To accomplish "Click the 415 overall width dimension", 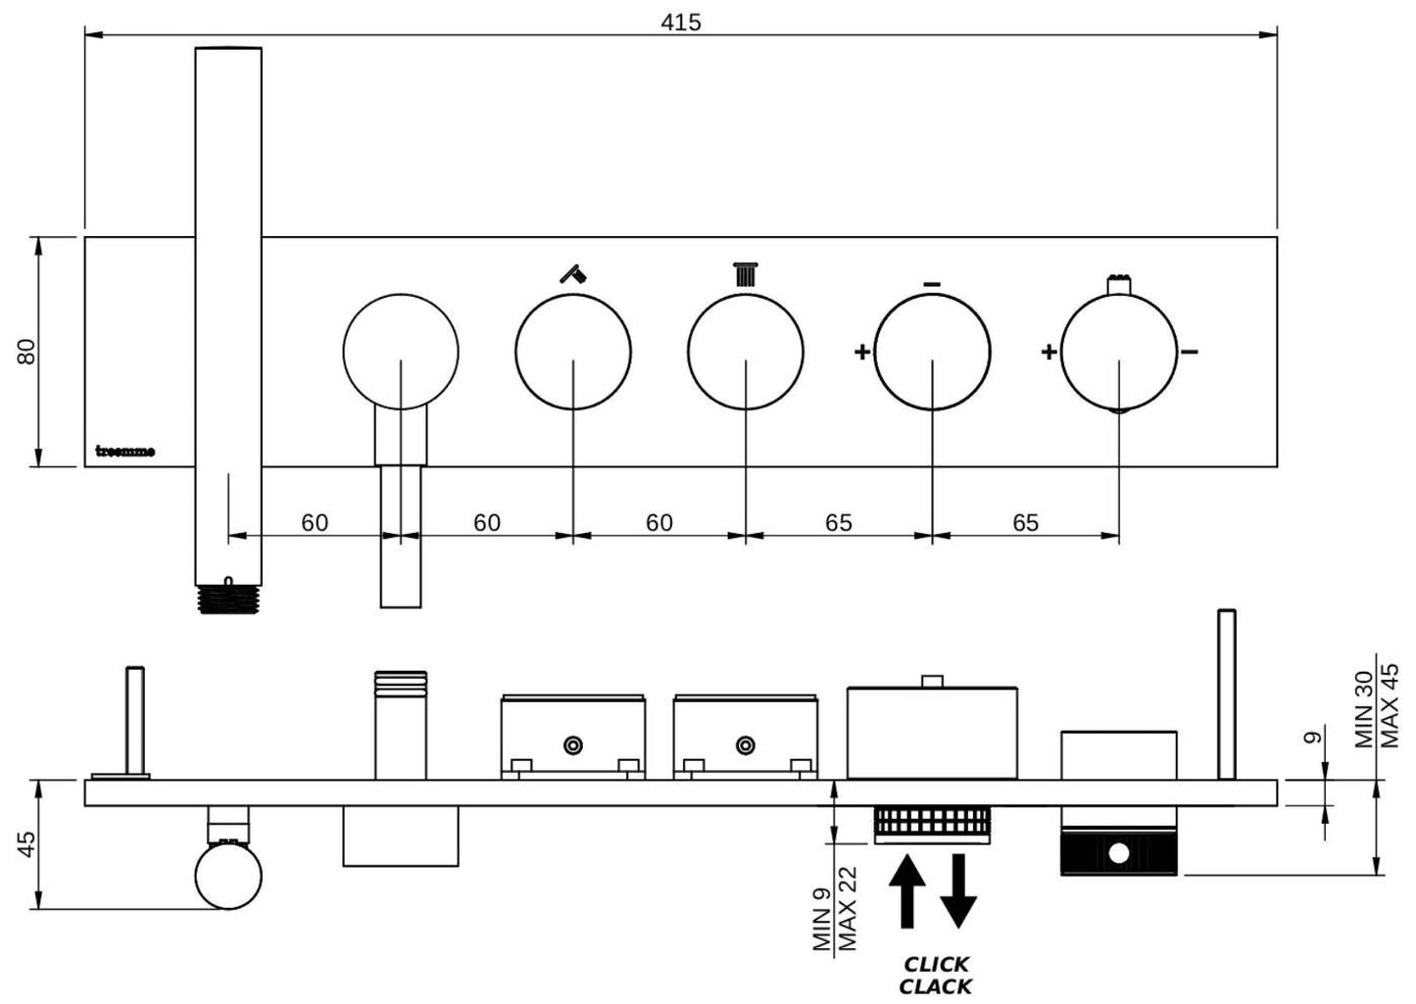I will [x=681, y=22].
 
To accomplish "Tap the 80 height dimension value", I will [x=27, y=351].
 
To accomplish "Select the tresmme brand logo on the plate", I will [x=124, y=452].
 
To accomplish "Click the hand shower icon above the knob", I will [x=573, y=273].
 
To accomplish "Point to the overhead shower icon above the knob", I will [x=746, y=273].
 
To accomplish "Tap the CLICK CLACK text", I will [x=936, y=976].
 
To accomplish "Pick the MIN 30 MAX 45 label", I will [x=1378, y=705].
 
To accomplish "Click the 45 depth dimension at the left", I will [x=27, y=844].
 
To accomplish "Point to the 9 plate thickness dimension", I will [x=1315, y=737].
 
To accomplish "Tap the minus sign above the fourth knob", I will [x=932, y=285].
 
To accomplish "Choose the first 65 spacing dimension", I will [x=838, y=523].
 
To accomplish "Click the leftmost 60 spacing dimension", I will [x=315, y=523].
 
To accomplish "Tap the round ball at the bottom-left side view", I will [x=228, y=877].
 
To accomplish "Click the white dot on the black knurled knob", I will [x=1118, y=853].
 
